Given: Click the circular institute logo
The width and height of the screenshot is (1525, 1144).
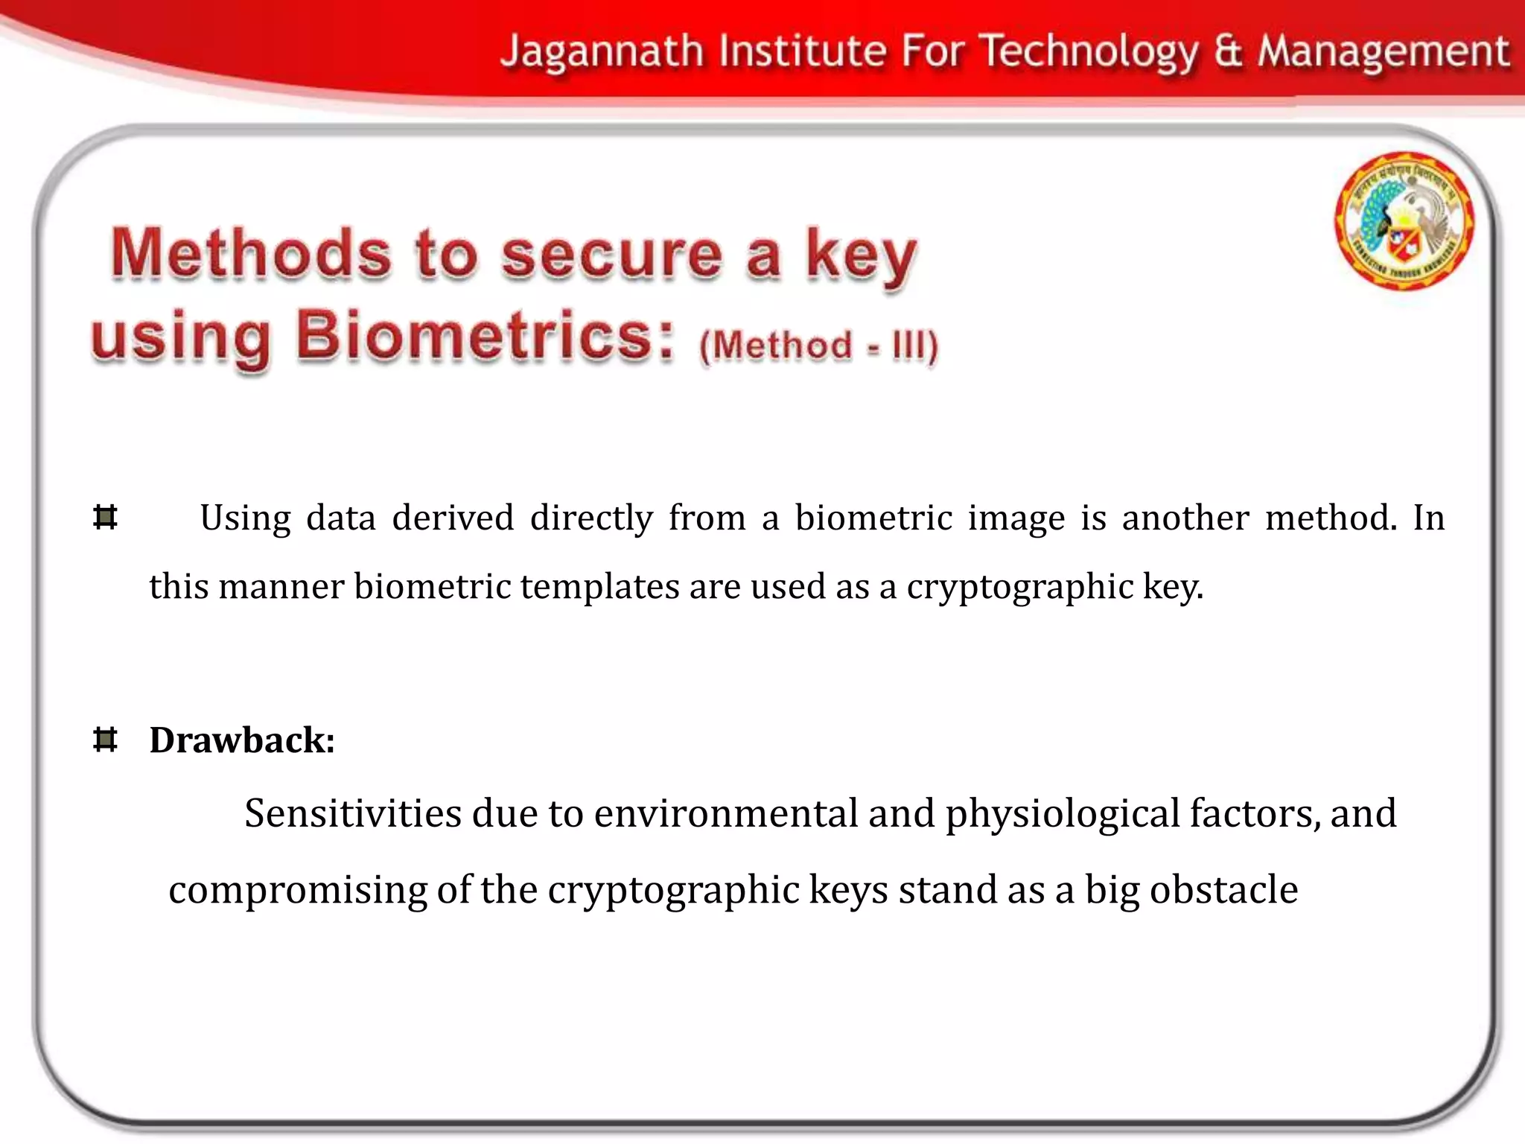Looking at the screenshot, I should pyautogui.click(x=1404, y=220).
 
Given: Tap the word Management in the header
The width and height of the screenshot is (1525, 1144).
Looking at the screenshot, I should pyautogui.click(x=1384, y=52).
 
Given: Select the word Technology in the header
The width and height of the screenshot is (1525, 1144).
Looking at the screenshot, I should pyautogui.click(x=1089, y=52).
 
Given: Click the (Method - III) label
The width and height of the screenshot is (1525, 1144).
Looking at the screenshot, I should pyautogui.click(x=818, y=346).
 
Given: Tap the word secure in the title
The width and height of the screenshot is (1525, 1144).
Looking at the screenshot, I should pyautogui.click(x=612, y=255).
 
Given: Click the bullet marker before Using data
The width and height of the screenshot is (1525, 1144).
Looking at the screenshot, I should pyautogui.click(x=106, y=517).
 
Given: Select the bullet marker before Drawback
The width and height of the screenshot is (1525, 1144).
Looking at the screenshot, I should pyautogui.click(x=106, y=740).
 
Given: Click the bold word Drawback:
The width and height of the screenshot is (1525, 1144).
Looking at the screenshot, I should pyautogui.click(x=242, y=740).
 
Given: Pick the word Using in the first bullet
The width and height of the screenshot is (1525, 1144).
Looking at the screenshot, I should pyautogui.click(x=245, y=518).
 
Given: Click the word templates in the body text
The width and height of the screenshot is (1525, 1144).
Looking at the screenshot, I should pyautogui.click(x=599, y=586).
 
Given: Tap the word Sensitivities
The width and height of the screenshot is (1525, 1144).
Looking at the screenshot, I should pyautogui.click(x=353, y=813).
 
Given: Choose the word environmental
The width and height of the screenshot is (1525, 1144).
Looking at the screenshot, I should pyautogui.click(x=726, y=813).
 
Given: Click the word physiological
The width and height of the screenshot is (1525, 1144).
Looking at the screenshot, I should pyautogui.click(x=1063, y=814).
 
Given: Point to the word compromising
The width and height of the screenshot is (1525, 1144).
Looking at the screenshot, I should pyautogui.click(x=298, y=890).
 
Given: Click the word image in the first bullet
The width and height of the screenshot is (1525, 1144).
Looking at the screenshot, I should pyautogui.click(x=1016, y=518).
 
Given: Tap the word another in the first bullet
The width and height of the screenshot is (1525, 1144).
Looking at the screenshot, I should pyautogui.click(x=1185, y=517).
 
